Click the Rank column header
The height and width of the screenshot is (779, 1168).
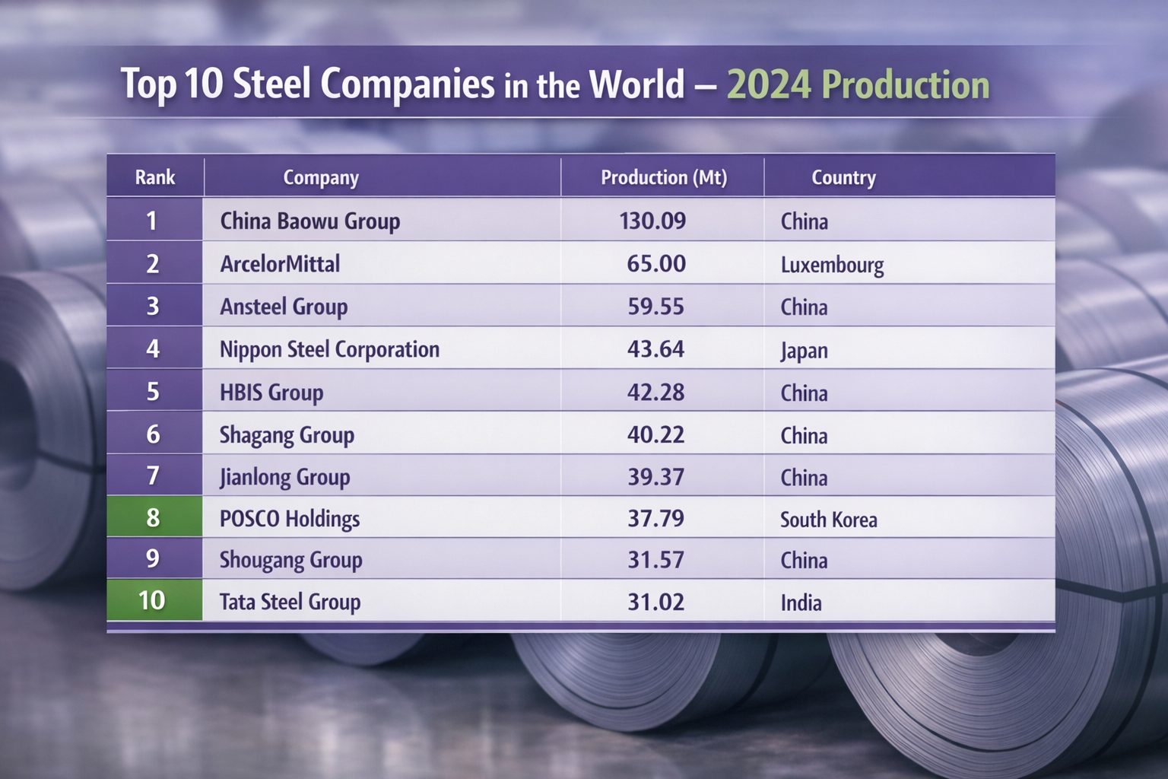point(155,177)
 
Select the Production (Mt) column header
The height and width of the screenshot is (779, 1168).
point(663,177)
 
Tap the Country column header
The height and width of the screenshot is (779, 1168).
point(843,177)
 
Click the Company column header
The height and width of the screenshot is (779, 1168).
point(320,177)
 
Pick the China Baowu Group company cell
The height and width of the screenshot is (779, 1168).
point(309,221)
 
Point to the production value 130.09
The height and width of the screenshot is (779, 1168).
point(652,221)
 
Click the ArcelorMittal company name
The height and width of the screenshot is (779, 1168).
point(280,264)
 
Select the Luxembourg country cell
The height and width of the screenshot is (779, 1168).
point(832,265)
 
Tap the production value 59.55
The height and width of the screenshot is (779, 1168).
point(655,307)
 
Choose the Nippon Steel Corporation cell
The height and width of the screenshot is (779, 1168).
point(329,349)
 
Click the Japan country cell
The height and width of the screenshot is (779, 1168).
point(804,351)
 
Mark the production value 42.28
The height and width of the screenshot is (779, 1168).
point(655,393)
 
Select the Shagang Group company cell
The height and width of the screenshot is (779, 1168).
point(287,435)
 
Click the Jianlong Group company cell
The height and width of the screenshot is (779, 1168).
point(284,477)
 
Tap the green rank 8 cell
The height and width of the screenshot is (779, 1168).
point(154,517)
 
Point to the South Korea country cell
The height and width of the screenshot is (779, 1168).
point(828,520)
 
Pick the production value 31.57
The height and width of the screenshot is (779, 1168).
point(655,560)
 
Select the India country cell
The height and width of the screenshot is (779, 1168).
point(801,603)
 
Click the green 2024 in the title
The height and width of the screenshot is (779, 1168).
point(769,84)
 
